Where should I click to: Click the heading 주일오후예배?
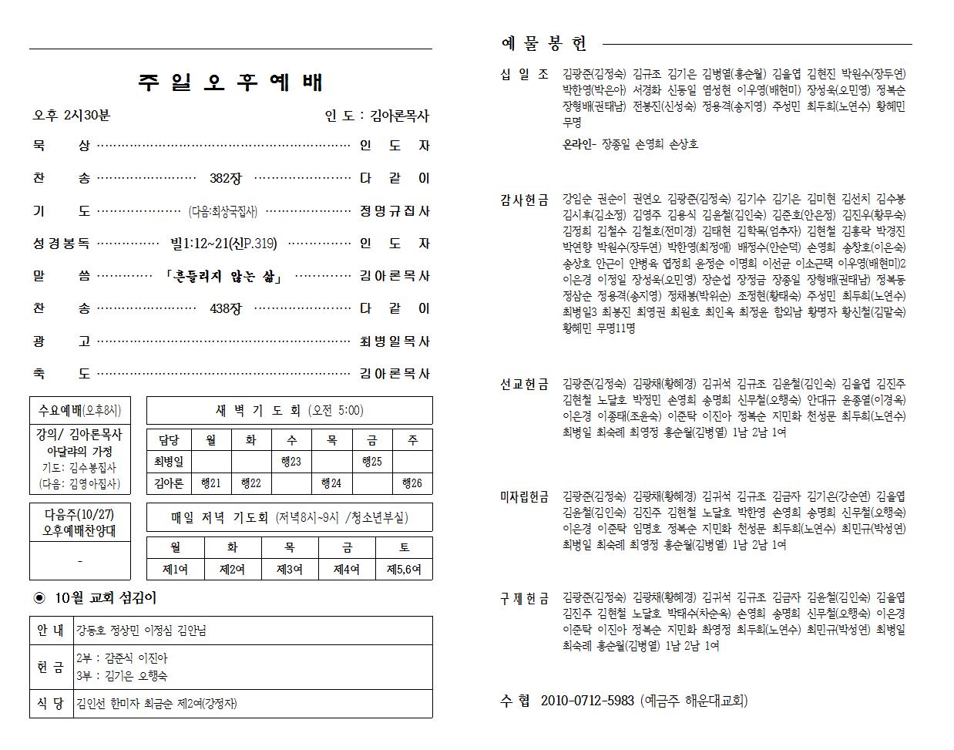(x=231, y=82)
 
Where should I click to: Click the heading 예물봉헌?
(x=544, y=44)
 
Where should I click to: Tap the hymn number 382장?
(x=225, y=179)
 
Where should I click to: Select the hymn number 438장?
(x=225, y=309)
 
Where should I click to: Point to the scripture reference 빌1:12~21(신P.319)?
(x=223, y=244)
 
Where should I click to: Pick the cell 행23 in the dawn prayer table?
(x=291, y=462)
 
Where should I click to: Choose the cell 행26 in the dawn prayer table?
(x=412, y=483)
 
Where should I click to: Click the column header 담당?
(x=169, y=440)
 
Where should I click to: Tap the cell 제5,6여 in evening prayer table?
(x=404, y=570)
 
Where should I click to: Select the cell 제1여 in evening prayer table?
(x=175, y=570)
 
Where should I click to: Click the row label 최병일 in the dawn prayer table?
(x=169, y=462)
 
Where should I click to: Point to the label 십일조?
(x=524, y=74)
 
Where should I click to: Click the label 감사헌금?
(x=524, y=200)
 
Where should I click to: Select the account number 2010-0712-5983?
(x=587, y=701)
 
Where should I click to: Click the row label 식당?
(x=51, y=703)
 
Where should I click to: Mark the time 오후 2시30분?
(x=71, y=116)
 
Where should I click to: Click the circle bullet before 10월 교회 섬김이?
(x=40, y=598)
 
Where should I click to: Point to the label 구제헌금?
(x=524, y=598)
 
